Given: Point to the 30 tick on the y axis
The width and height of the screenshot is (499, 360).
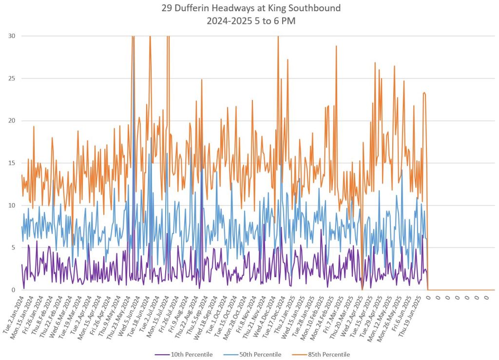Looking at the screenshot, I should (11, 36).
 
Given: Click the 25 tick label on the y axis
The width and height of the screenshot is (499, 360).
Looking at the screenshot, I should (11, 78).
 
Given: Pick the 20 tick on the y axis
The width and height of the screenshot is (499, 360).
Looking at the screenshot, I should (11, 121).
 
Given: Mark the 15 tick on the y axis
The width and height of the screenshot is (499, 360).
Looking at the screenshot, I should (11, 163).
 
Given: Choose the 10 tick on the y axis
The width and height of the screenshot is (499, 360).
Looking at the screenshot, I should (11, 206).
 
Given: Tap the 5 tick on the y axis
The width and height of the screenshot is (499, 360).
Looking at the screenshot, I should (13, 247).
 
